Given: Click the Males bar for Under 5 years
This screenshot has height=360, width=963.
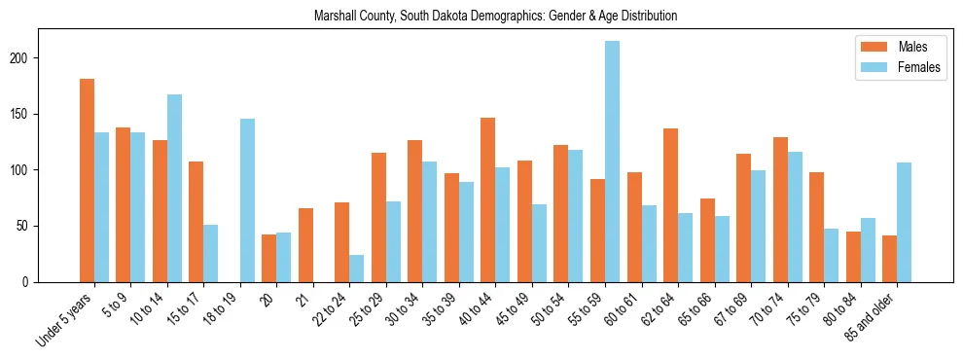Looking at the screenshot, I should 87,180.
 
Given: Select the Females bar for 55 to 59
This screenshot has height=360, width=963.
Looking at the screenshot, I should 612,162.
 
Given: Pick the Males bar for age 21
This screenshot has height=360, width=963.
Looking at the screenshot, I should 305,245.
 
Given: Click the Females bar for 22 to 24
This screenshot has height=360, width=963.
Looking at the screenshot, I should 357,269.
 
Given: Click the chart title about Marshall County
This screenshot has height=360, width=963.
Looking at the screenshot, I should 495,17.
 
